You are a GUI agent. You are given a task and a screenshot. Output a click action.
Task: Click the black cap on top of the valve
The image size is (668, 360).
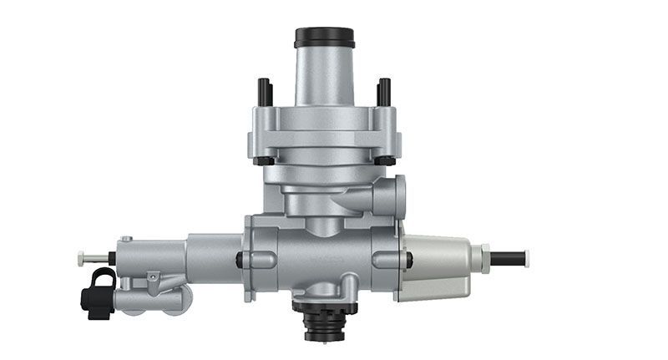324,38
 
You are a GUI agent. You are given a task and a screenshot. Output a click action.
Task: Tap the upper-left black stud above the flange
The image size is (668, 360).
265,92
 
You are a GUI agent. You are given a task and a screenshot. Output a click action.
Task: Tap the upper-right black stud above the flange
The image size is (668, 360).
384,92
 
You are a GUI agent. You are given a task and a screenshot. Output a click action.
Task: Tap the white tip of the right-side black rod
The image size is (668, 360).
527,258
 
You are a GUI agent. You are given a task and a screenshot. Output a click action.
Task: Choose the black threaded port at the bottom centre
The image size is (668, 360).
324,322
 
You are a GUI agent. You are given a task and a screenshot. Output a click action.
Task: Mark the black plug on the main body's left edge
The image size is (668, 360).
240,260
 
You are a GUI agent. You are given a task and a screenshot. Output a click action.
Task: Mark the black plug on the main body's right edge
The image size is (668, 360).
408,260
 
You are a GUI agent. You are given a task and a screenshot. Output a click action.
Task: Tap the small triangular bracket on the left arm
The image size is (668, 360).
152,279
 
